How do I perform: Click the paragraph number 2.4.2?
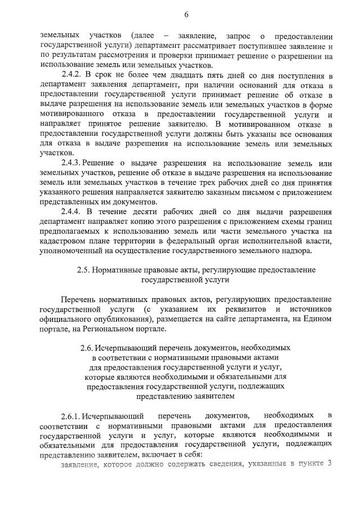tap(72, 76)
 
